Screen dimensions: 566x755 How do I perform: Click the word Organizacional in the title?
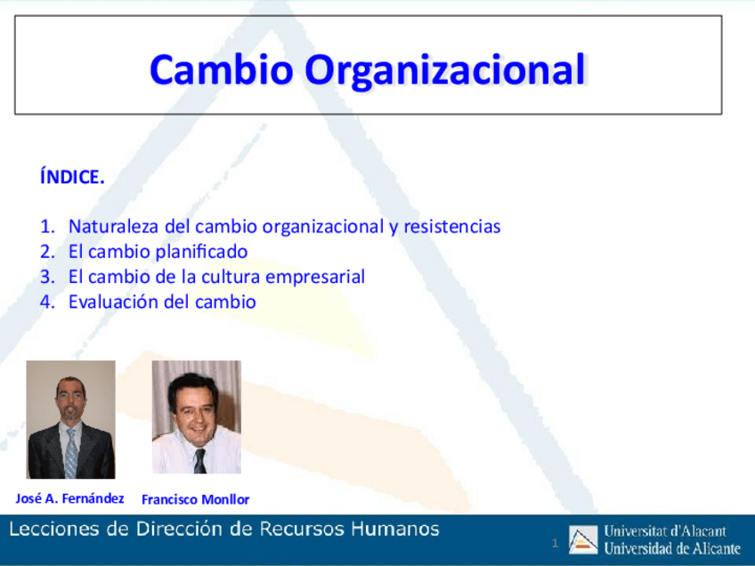click(x=444, y=69)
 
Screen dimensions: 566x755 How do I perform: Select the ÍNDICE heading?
click(x=72, y=177)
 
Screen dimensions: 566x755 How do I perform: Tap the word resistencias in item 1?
click(x=451, y=226)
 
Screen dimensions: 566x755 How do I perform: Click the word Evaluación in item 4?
click(x=113, y=302)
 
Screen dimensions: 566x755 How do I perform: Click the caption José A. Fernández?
click(x=70, y=497)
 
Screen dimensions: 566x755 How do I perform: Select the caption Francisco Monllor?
click(x=195, y=499)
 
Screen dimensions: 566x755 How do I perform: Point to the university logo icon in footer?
click(x=583, y=539)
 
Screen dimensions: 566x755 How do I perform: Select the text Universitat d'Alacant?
click(x=665, y=531)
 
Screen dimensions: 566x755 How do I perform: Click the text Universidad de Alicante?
click(x=672, y=547)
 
